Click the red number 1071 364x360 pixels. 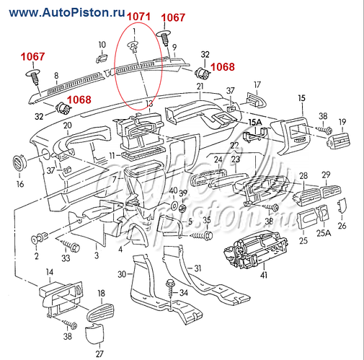tap(138, 17)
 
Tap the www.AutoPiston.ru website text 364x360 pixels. tap(67, 12)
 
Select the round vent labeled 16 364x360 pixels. tap(19, 163)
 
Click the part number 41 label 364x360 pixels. tap(264, 274)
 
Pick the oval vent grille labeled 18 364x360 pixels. tap(100, 312)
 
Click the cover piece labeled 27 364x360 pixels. tap(94, 336)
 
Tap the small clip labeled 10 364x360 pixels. tap(102, 58)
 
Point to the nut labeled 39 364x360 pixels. tap(183, 208)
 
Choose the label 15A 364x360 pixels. tap(255, 123)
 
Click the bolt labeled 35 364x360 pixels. tap(201, 235)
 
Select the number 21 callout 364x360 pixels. tap(200, 86)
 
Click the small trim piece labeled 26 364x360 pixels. tap(342, 206)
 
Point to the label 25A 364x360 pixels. tap(324, 233)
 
